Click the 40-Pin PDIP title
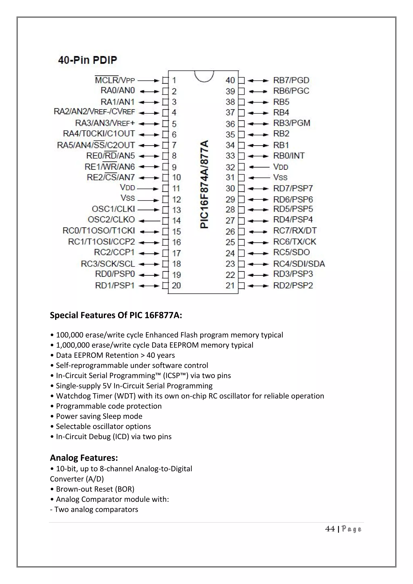point(88,60)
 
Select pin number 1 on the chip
point(174,80)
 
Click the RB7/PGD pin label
point(291,80)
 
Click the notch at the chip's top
point(204,76)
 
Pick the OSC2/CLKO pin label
point(111,220)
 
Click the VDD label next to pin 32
point(281,167)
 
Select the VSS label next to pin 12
point(128,198)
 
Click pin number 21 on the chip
point(230,286)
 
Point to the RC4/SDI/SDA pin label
point(299,264)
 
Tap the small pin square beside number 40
point(242,81)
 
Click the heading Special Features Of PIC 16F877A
point(116,315)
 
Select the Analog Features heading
point(84,458)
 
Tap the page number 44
point(330,529)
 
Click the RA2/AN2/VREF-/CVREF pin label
point(94,112)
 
